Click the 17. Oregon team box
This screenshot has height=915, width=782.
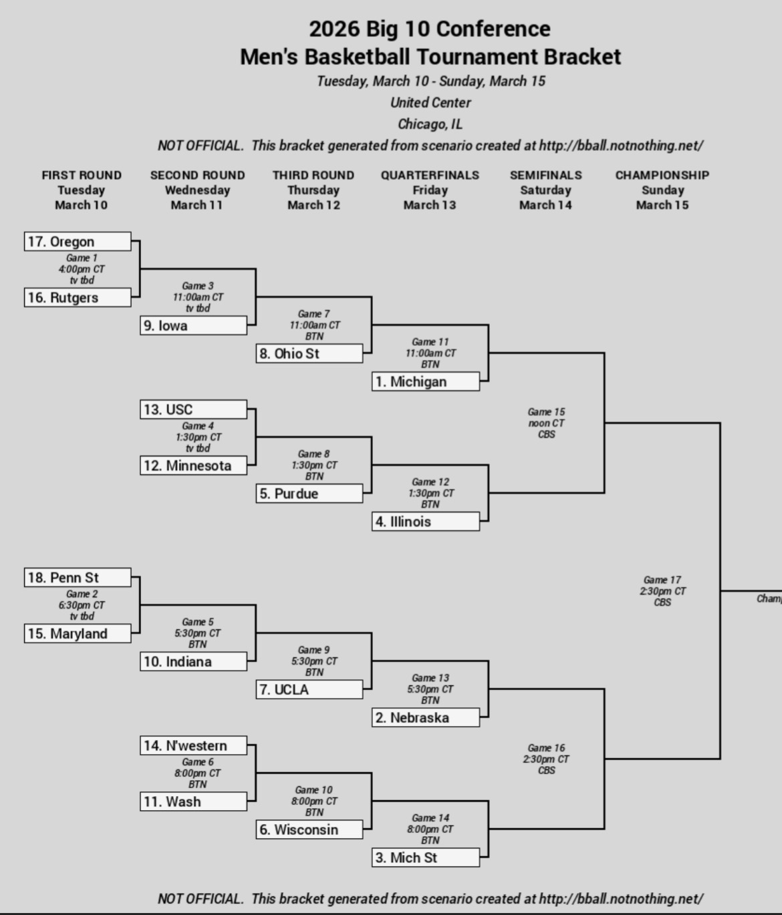coord(78,242)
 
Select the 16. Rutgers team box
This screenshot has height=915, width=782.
coord(78,298)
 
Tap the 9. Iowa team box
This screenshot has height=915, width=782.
coord(193,326)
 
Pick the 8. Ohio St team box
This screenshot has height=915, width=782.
coord(309,354)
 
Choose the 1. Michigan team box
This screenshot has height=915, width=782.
coord(426,382)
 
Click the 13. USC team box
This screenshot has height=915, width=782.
coord(193,409)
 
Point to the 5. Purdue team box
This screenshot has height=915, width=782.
coord(309,494)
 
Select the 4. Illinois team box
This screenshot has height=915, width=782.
coord(426,522)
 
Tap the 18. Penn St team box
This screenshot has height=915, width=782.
coord(78,578)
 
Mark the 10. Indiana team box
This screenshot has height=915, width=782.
coord(193,662)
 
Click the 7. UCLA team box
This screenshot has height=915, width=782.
coord(309,690)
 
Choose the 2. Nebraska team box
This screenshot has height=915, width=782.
coord(426,718)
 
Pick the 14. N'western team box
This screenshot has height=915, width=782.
coord(193,746)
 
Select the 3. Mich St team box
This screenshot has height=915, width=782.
coord(426,858)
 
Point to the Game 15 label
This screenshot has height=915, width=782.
coord(546,412)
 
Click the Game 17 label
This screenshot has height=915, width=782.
coord(662,580)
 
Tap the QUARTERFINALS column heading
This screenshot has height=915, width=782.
coord(430,175)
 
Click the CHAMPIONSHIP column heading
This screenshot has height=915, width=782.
coord(662,175)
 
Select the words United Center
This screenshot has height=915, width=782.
coord(430,103)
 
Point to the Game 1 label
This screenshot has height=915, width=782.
coord(82,258)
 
